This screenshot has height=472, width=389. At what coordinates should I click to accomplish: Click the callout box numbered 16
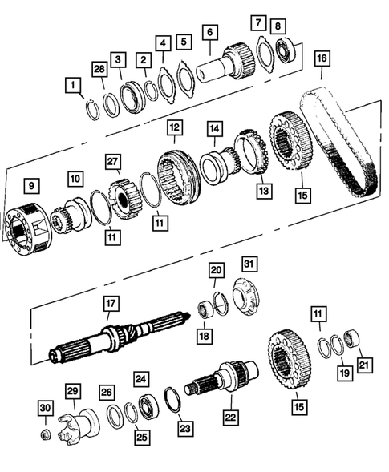(322, 58)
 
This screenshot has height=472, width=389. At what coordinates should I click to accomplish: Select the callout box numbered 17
(111, 304)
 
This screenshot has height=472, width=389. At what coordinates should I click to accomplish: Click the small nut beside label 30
(46, 435)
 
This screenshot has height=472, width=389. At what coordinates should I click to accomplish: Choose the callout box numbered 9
(30, 187)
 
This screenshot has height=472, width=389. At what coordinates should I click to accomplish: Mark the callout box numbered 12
(173, 127)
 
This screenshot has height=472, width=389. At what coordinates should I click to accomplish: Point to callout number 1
(74, 84)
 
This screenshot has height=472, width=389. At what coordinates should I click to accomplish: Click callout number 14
(213, 127)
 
